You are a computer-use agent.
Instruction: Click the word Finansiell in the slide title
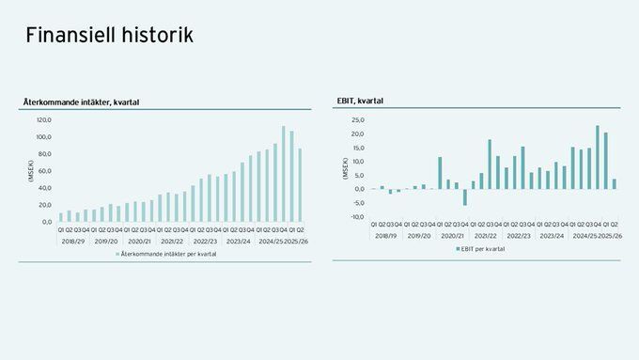[70, 36]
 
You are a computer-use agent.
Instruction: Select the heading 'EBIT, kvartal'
[360, 101]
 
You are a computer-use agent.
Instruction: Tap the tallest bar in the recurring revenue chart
[283, 174]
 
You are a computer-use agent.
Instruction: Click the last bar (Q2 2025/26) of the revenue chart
[300, 185]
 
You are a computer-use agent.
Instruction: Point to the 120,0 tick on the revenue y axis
[43, 120]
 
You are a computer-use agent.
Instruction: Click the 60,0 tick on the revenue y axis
[45, 171]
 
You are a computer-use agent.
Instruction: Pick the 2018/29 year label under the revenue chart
[74, 241]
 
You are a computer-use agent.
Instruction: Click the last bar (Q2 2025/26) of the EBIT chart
[615, 184]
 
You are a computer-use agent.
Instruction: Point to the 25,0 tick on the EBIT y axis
[357, 120]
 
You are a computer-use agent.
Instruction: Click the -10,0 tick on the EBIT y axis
[356, 216]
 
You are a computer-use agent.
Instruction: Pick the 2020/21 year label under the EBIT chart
[453, 235]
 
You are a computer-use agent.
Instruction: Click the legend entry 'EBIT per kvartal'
[483, 250]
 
